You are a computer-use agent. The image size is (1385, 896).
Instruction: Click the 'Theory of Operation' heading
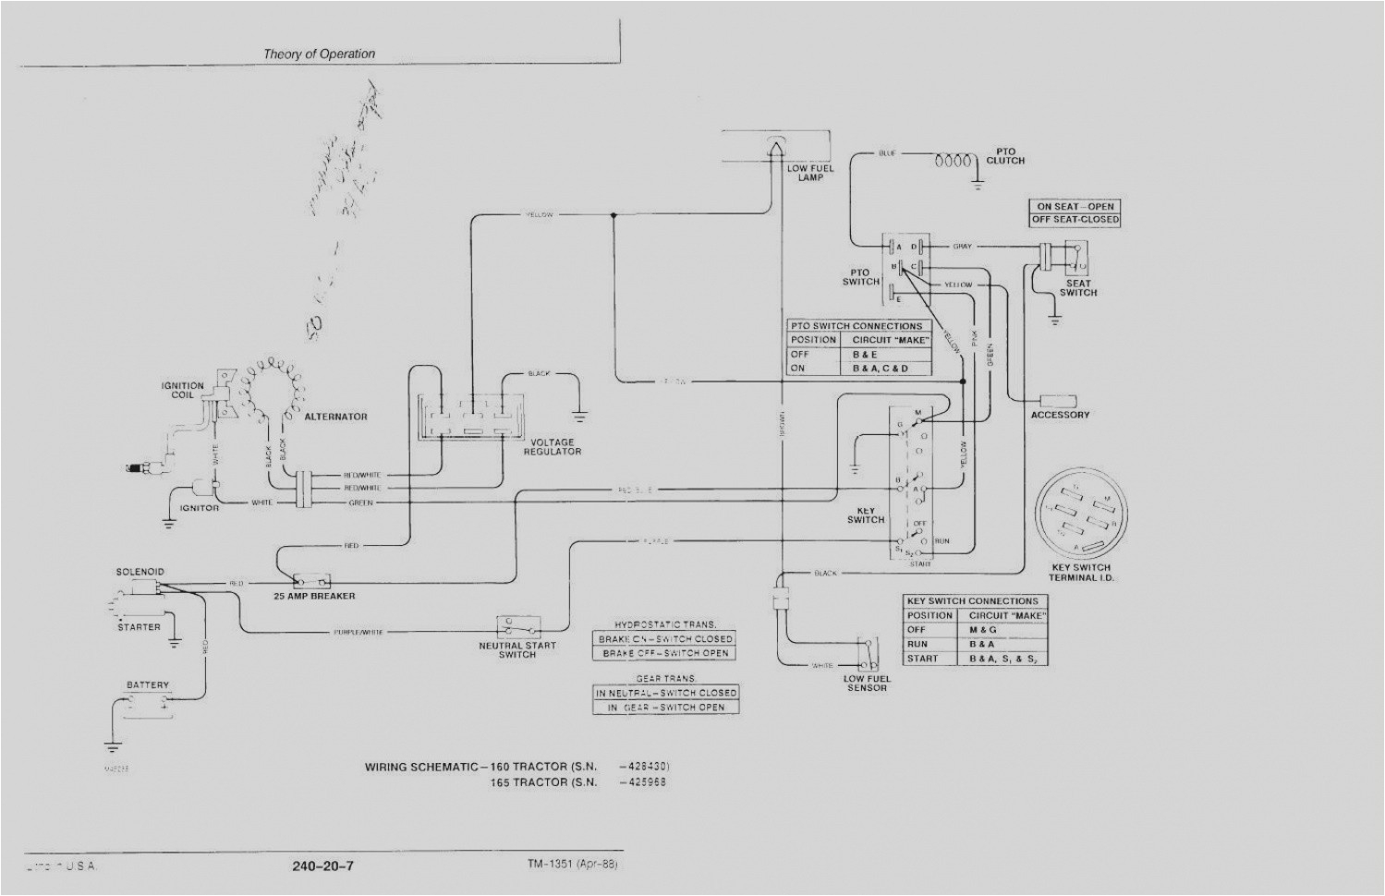(x=319, y=54)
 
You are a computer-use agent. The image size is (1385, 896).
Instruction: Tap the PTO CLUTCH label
(x=1005, y=156)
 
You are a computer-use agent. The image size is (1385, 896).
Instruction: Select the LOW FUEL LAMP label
(x=810, y=173)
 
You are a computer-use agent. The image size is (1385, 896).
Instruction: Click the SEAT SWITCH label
(x=1077, y=288)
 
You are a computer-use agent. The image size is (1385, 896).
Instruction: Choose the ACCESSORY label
(x=1060, y=415)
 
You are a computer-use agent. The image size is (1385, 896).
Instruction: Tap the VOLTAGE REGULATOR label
(x=553, y=447)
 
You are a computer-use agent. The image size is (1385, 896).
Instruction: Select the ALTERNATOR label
(x=335, y=417)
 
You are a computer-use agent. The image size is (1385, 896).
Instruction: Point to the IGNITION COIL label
(x=183, y=390)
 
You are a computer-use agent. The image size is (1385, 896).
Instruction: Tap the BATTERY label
(x=148, y=685)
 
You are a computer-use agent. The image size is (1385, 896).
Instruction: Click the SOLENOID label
(x=140, y=572)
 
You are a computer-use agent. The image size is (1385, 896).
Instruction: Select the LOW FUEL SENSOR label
(x=867, y=683)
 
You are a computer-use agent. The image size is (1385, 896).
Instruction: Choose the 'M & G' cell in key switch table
(x=983, y=629)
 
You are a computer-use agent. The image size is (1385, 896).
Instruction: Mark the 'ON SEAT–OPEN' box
(x=1075, y=207)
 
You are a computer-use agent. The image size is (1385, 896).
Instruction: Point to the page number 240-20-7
(x=322, y=866)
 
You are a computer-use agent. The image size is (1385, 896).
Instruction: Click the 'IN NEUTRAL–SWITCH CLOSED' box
(x=666, y=693)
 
